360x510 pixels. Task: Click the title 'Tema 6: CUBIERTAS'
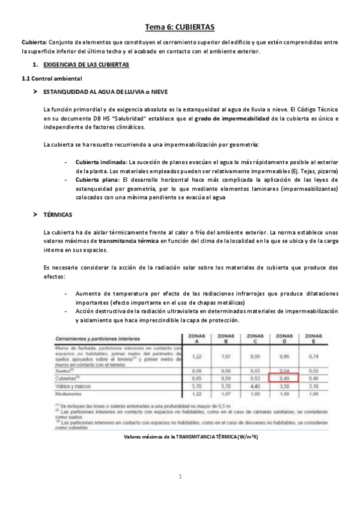[x=180, y=27]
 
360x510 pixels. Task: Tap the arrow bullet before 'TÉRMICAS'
[x=37, y=214]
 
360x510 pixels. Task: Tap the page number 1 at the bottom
[x=180, y=478]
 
